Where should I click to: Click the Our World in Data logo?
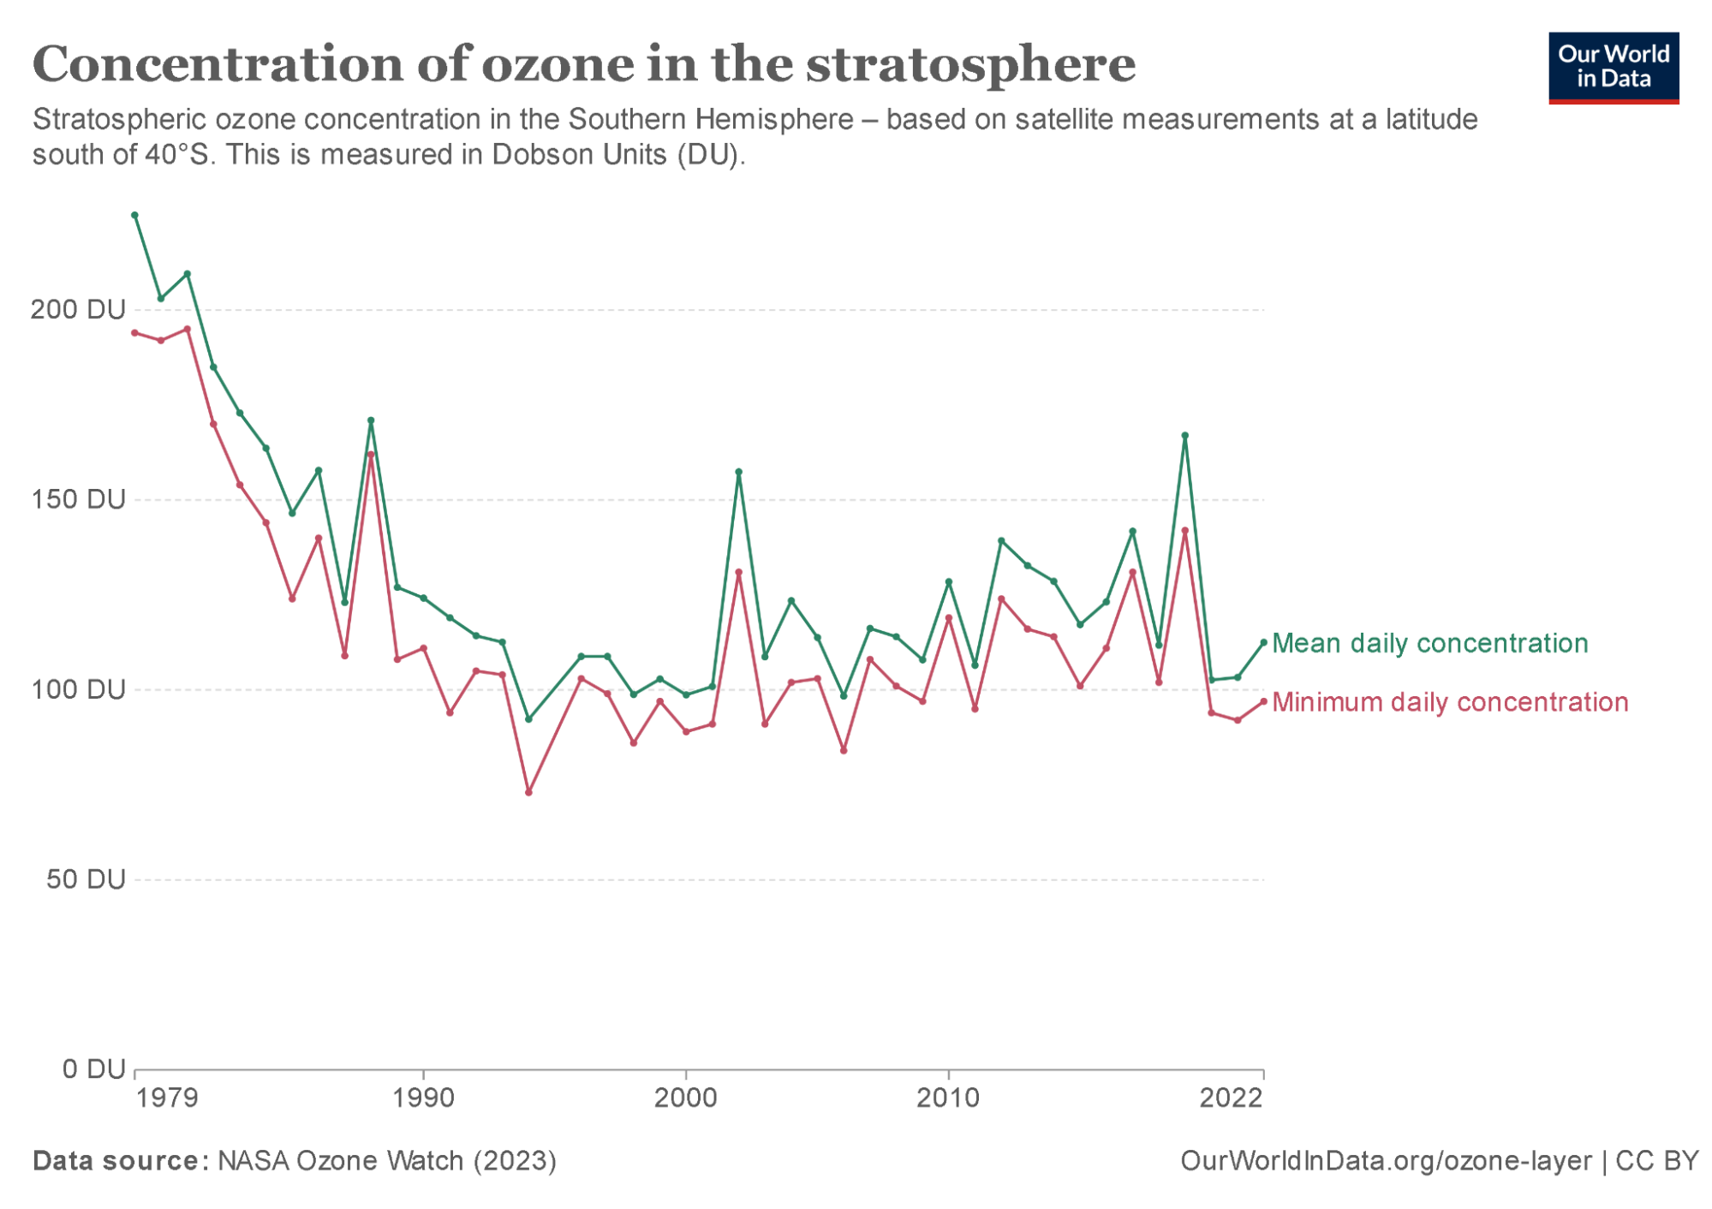[1613, 68]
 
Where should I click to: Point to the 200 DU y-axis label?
[78, 309]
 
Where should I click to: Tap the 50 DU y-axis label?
[86, 879]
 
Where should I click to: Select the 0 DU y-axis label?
[93, 1069]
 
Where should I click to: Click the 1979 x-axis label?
[167, 1098]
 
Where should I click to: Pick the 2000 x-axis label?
[685, 1098]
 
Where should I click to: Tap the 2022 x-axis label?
[1231, 1098]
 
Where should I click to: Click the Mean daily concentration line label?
[1429, 643]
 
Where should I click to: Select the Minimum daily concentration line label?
[1449, 702]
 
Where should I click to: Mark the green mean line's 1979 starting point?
[134, 216]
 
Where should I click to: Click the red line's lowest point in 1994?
[528, 792]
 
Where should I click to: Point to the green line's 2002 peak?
[738, 472]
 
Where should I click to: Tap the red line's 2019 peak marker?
[1184, 531]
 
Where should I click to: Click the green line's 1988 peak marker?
[371, 420]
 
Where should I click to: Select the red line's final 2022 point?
[1263, 702]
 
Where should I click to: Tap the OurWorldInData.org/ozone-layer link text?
[1385, 1161]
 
